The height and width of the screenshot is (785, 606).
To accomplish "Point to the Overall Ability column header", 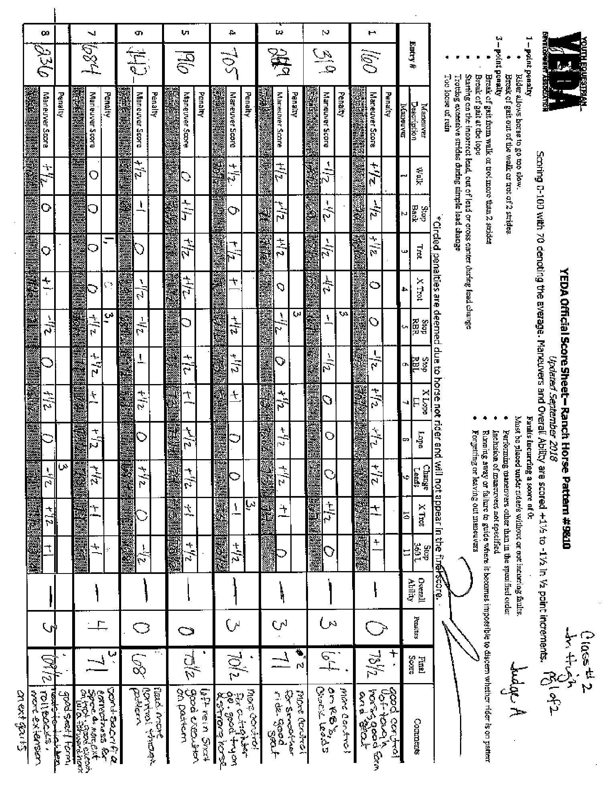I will click(413, 590).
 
